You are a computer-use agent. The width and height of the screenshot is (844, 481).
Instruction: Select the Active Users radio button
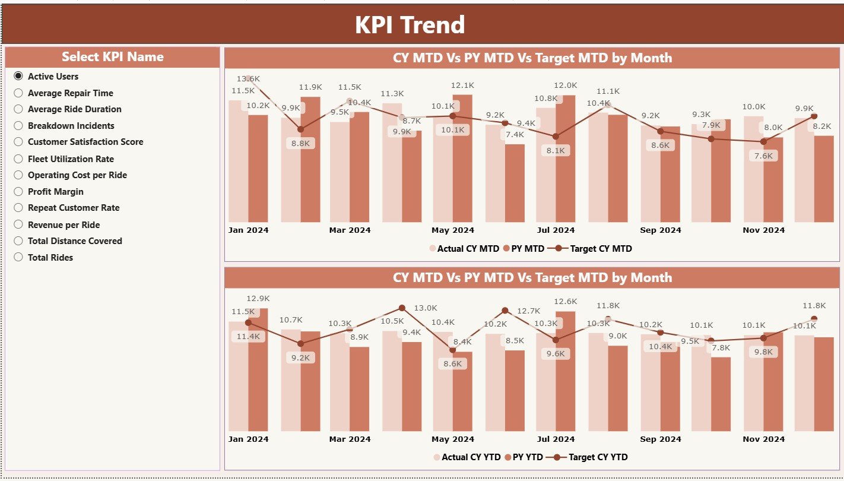coord(18,76)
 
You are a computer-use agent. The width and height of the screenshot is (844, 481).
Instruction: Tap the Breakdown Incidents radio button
coord(18,126)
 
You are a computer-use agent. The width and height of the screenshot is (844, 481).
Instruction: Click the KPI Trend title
coord(410,25)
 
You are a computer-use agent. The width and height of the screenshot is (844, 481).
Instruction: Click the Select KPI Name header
coord(112,57)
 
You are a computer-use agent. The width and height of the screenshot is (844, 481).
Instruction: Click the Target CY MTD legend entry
coord(600,249)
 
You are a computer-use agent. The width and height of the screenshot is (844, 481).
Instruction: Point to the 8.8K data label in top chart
coord(301,143)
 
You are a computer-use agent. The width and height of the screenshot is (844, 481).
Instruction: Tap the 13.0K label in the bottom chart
coord(425,308)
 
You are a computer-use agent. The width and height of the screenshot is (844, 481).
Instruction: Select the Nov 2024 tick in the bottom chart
coord(764,439)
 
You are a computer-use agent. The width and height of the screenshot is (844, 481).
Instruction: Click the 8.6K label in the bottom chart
coord(452,364)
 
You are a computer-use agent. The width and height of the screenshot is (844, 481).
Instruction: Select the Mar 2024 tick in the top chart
coord(350,230)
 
